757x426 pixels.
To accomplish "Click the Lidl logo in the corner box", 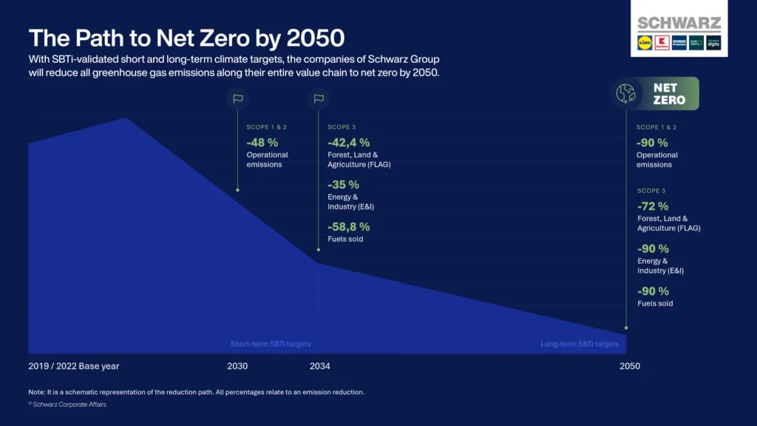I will (x=645, y=42).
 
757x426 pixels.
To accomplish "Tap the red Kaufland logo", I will (x=662, y=42).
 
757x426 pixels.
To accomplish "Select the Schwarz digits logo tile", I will (x=713, y=42).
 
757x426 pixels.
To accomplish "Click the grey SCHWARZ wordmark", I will (x=679, y=23).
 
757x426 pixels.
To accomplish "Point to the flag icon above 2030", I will (x=237, y=98).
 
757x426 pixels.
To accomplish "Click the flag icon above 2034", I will (x=319, y=98).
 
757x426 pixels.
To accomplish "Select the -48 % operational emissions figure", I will (x=262, y=142).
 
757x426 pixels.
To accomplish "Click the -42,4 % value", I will (x=348, y=142).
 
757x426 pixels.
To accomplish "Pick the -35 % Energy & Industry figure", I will (x=343, y=184).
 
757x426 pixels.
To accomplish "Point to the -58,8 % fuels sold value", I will (x=348, y=226).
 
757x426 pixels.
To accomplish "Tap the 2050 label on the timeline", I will (x=629, y=366).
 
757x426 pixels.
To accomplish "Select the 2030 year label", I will (x=237, y=366).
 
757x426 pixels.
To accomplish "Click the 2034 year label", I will (x=319, y=366).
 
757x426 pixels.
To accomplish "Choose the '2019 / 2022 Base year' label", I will (x=74, y=366).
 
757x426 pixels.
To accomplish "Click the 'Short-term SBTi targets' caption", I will (x=271, y=344).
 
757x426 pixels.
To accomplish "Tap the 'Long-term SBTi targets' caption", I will (x=580, y=344).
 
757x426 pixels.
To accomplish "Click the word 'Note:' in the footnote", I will (x=38, y=391).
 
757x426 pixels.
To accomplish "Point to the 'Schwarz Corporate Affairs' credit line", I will (x=69, y=405).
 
